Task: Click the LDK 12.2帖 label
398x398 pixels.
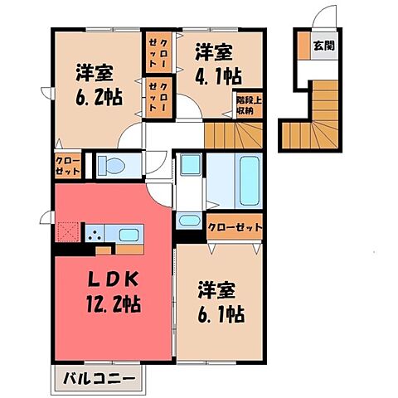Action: (x=109, y=293)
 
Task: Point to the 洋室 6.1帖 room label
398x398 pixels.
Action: (x=220, y=302)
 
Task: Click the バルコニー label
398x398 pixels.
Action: (x=99, y=381)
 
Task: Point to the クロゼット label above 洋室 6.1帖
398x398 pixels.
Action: (x=236, y=226)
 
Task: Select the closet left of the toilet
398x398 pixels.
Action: (x=68, y=166)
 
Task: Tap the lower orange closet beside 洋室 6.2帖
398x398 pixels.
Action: (x=158, y=95)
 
